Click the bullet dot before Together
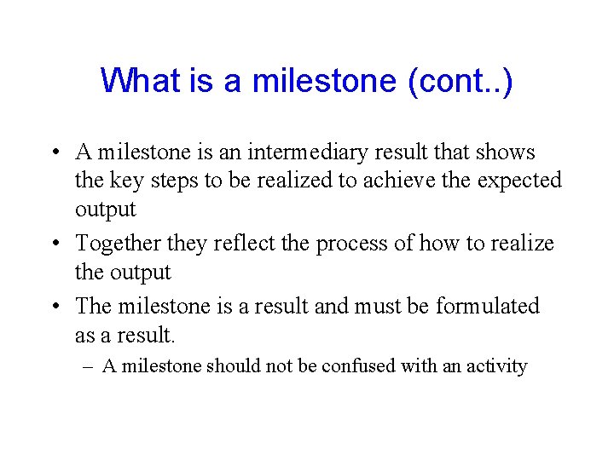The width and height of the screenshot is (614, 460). coord(54,244)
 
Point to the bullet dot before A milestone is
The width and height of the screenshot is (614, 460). coord(54,153)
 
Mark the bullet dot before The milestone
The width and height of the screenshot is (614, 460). coord(54,307)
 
